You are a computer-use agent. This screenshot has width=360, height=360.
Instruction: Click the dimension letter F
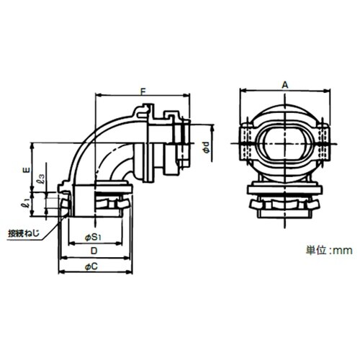tap(143, 91)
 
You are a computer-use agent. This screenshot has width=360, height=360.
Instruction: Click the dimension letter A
tap(285, 85)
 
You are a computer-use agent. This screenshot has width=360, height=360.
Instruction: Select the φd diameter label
tap(207, 147)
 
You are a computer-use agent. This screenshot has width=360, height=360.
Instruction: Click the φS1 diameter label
tap(94, 238)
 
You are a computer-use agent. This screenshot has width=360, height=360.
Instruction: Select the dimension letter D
tap(94, 251)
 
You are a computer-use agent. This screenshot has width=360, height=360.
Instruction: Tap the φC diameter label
tap(91, 266)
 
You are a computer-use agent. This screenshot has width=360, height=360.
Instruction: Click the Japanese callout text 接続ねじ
tap(24, 233)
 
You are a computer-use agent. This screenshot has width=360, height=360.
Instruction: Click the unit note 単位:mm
tap(329, 251)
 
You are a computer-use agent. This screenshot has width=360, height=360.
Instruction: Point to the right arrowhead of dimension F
tap(187, 96)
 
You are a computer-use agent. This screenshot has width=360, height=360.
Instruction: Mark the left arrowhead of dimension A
tap(243, 91)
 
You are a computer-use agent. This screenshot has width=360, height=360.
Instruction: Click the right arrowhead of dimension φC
tap(129, 272)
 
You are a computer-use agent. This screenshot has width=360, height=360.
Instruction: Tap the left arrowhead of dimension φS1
tap(72, 244)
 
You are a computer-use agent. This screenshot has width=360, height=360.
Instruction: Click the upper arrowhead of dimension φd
tap(212, 127)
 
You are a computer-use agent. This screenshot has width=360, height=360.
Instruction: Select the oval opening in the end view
tap(285, 144)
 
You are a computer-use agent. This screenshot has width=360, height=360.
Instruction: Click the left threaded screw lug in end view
tap(247, 143)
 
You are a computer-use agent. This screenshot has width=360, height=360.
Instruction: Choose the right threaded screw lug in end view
tap(323, 143)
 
